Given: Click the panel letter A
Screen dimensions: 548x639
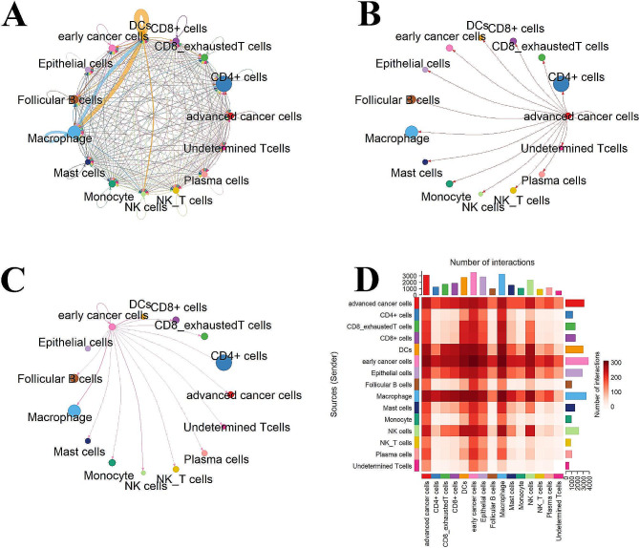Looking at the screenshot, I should [x=17, y=18].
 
